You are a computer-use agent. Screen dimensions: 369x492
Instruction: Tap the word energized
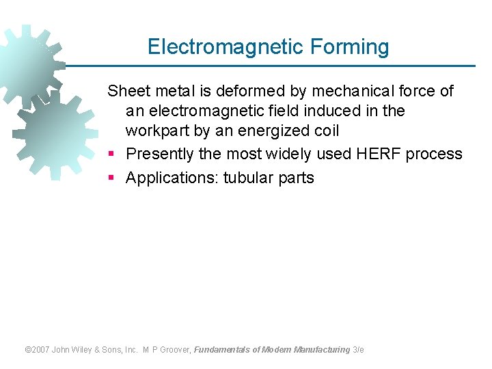coord(273,131)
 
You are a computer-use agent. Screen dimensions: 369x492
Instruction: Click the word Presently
coord(160,154)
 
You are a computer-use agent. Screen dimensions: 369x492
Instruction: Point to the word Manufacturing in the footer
coord(321,350)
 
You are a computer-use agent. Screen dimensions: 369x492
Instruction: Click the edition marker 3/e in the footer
coord(358,350)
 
